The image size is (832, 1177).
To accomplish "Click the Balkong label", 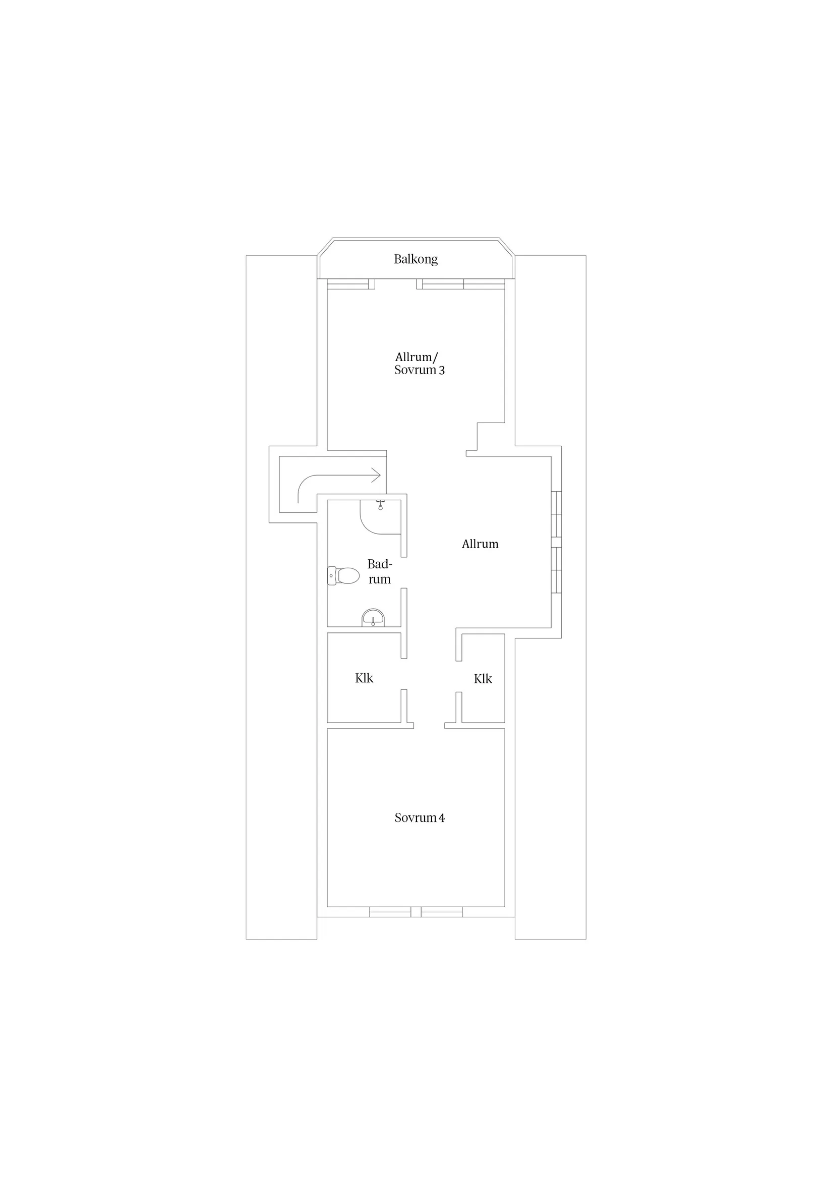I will click(x=415, y=259).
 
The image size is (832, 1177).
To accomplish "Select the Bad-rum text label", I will click(x=379, y=571).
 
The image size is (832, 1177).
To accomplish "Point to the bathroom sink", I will click(x=373, y=617).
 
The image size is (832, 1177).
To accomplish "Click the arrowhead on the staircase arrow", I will click(x=376, y=475).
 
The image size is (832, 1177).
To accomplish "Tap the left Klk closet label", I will click(x=364, y=678).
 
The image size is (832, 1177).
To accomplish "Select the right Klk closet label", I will click(x=483, y=679).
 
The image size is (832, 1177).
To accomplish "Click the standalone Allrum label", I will click(x=480, y=544).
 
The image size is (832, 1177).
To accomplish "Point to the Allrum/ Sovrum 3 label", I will click(x=419, y=364).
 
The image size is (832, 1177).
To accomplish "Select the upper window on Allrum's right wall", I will click(x=556, y=514).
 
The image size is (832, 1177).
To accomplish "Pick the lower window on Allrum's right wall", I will click(x=556, y=570).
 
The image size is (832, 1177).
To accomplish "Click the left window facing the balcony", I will click(x=348, y=284).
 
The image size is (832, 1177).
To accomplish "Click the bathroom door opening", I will click(x=404, y=572).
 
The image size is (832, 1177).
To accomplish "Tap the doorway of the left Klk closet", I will click(x=404, y=674).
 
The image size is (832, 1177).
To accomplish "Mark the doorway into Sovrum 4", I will click(x=429, y=725).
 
